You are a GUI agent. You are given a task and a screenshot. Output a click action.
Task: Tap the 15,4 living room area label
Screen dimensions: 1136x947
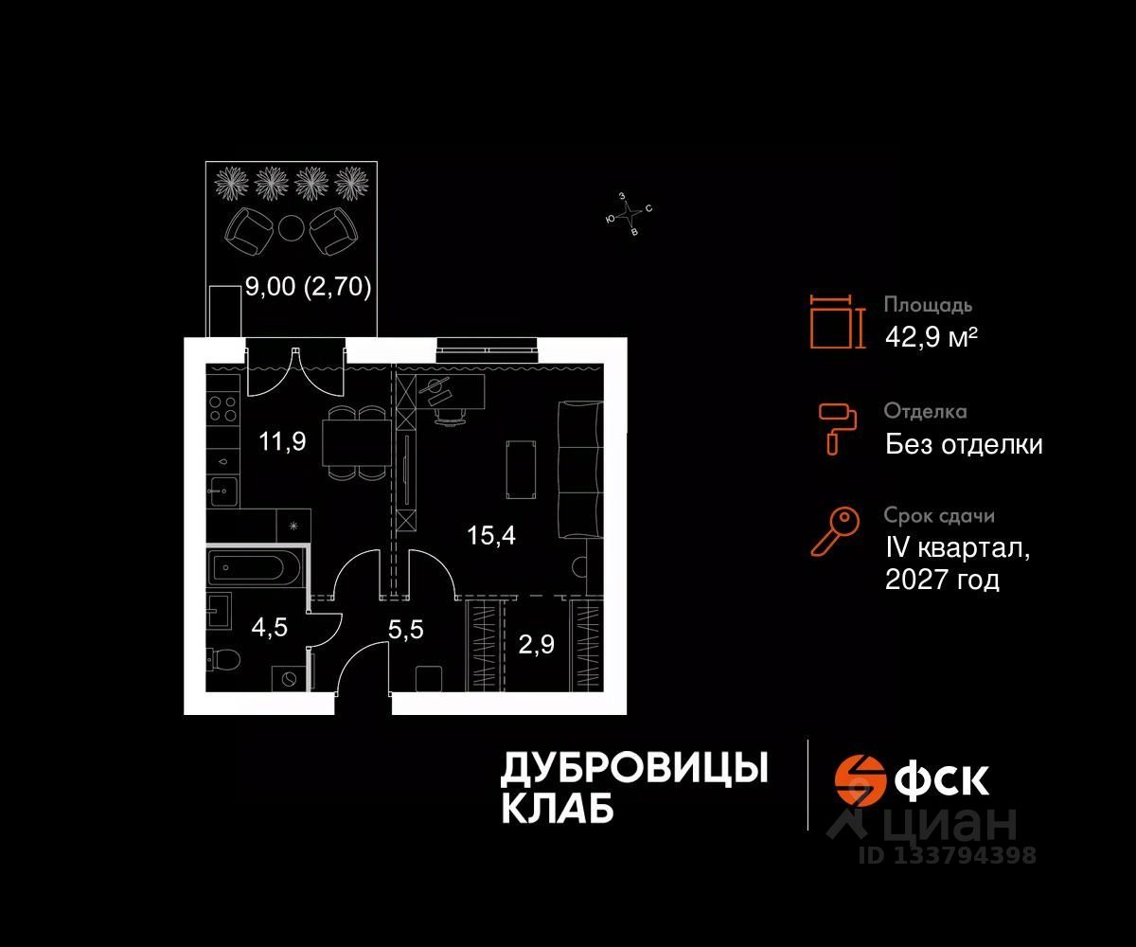(x=491, y=536)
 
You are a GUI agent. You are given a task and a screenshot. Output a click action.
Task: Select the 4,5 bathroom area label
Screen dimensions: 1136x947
(x=269, y=627)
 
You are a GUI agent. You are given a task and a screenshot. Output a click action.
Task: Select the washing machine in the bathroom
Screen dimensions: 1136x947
(x=289, y=678)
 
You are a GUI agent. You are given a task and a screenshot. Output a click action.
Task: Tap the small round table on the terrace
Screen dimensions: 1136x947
(x=291, y=227)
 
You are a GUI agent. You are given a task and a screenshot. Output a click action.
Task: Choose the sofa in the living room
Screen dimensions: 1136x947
(x=579, y=470)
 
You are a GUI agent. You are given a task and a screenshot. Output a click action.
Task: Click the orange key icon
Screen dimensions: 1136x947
(x=835, y=531)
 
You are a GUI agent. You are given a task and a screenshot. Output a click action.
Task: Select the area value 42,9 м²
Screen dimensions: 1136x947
(x=931, y=337)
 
